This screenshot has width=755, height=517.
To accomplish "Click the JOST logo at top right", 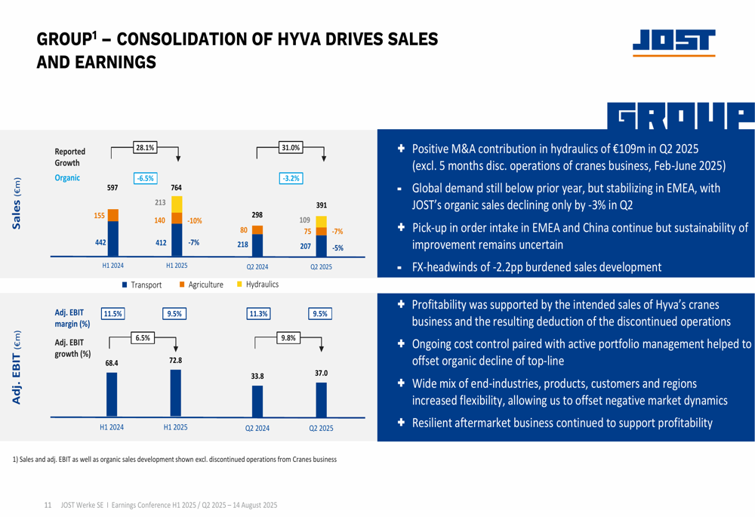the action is coord(673,42).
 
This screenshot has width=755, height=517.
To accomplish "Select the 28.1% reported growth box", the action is coord(145,147).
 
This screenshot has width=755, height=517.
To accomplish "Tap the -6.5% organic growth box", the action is coord(146,178).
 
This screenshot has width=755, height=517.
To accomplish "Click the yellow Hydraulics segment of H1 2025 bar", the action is coord(177,205).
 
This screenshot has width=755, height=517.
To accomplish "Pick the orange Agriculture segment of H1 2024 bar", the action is coord(113,215).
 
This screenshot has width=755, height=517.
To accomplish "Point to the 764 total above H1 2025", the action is coord(176,188).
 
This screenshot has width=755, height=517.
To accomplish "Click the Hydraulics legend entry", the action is coord(257,285).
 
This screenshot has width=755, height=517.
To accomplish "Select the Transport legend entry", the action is coord(142,285).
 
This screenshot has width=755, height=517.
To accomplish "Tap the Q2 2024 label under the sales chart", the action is coord(257,266).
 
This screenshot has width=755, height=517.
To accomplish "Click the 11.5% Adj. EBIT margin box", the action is coord(112,314).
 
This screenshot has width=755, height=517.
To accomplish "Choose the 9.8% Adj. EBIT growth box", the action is coord(288,338).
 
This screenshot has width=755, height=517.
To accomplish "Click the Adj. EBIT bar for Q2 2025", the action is coord(321,400).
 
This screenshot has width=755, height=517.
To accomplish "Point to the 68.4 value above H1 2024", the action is coord(112,363).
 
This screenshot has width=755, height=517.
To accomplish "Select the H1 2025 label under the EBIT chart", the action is coord(176,427).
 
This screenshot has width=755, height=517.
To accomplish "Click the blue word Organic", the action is coord(67,177).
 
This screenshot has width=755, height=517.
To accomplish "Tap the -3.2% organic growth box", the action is coord(291,178).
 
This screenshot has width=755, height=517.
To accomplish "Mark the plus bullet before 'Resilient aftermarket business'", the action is coord(401,422).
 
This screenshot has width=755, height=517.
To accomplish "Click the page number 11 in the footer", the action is coord(48,505).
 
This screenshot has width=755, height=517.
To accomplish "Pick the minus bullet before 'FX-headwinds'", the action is coord(399,269).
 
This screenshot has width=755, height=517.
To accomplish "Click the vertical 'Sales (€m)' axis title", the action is coord(17,203).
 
